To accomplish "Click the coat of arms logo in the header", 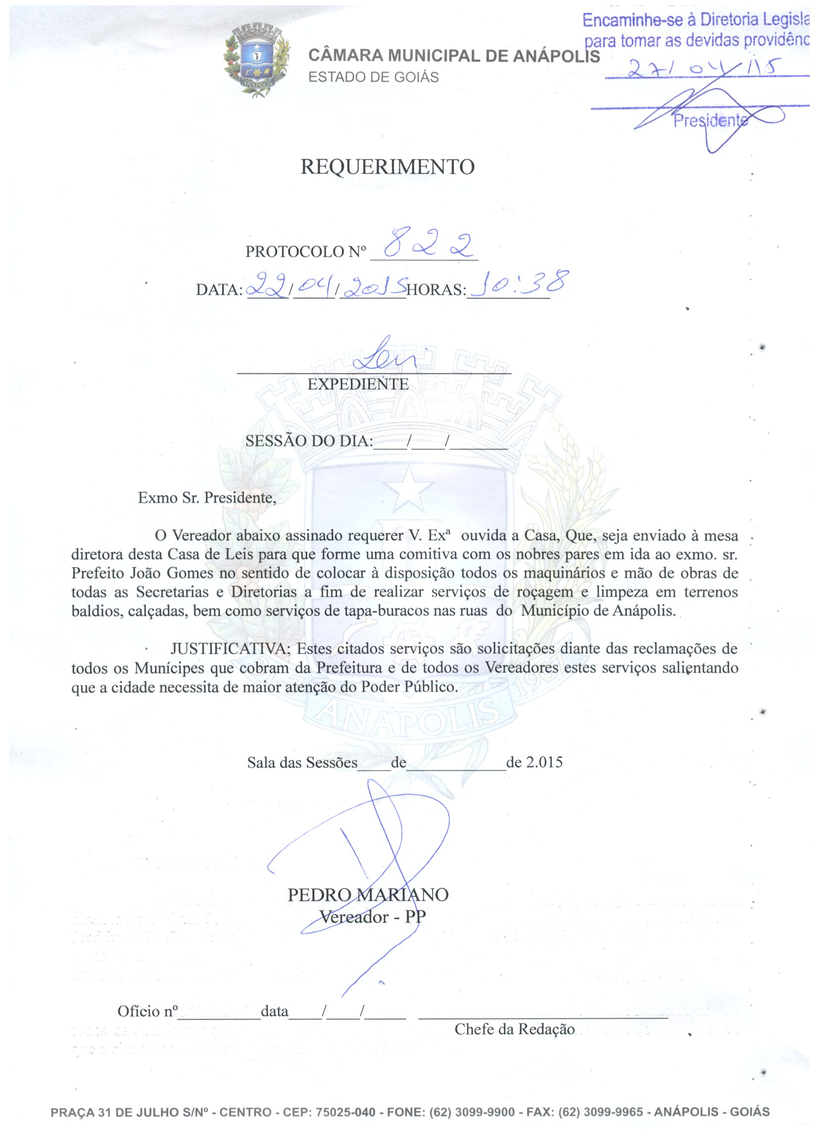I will (257, 62).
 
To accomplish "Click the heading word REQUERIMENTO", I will (387, 167).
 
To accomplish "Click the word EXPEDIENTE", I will (358, 384).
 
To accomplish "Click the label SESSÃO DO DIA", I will (309, 441).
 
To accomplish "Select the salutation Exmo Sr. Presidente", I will (207, 498).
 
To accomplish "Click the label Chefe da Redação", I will (514, 1029).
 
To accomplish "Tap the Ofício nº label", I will (147, 1011).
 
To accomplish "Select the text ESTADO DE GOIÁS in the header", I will (373, 77).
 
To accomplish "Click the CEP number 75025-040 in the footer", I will (345, 1112).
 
